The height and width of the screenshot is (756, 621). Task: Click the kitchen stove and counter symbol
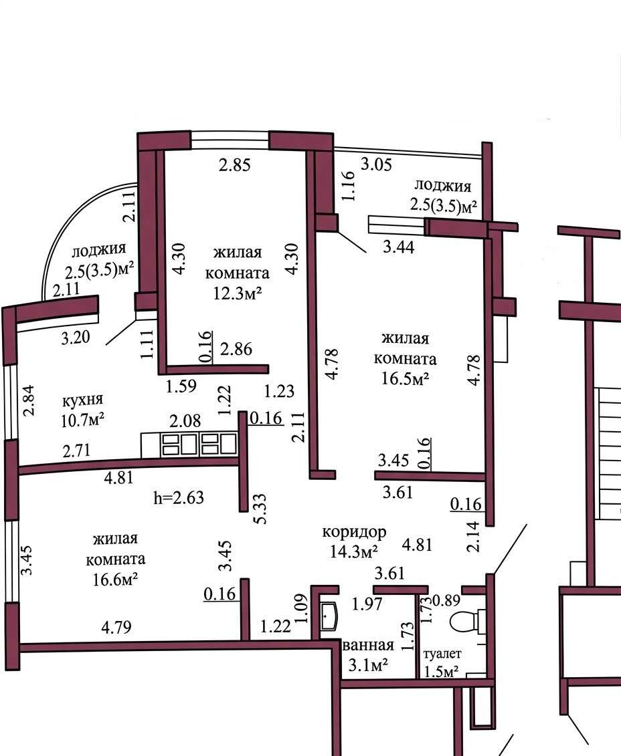(189, 445)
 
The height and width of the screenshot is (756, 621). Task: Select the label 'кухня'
(83, 400)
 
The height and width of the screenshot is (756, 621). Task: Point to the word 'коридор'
(354, 531)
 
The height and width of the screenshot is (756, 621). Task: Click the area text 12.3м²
(238, 293)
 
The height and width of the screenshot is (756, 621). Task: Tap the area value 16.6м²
(115, 579)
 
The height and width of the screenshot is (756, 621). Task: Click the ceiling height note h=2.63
(179, 497)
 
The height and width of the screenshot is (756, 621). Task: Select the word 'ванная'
(368, 645)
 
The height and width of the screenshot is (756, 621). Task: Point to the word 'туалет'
(442, 654)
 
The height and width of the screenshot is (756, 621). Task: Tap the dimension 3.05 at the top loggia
(376, 164)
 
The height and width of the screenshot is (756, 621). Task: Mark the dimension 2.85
(234, 165)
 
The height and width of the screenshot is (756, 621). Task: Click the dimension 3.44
(399, 247)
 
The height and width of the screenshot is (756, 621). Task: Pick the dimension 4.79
(116, 627)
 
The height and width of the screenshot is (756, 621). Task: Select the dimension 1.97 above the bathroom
(367, 604)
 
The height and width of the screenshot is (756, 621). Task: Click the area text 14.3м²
(354, 551)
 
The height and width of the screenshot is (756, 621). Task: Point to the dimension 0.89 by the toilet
(446, 600)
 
